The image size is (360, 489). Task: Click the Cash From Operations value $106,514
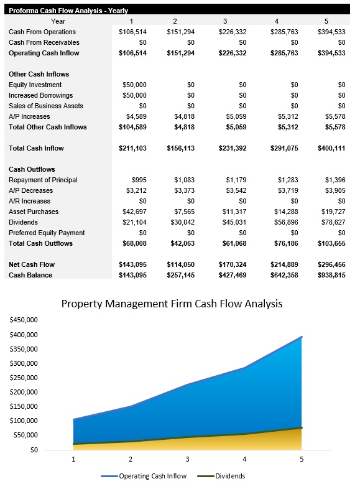[133, 32]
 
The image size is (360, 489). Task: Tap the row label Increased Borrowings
[40, 95]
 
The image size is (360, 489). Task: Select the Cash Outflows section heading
[32, 169]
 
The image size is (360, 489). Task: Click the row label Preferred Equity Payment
[47, 233]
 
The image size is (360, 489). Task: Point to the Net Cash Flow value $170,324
[230, 264]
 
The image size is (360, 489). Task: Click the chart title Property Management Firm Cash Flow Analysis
[172, 304]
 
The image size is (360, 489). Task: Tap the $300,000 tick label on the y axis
[24, 363]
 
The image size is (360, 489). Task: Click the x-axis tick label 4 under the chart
[244, 460]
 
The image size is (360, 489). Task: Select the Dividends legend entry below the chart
[223, 476]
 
